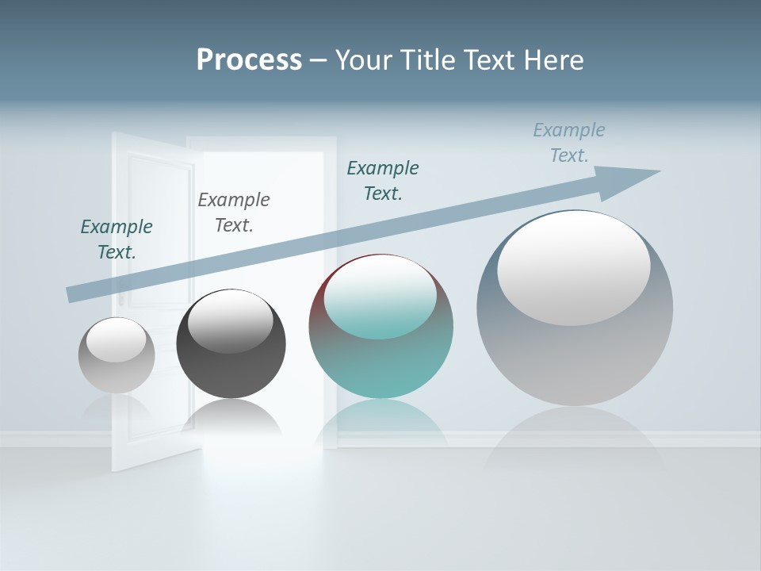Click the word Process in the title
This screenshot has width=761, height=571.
pos(249,59)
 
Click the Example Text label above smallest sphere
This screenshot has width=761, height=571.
pos(117,239)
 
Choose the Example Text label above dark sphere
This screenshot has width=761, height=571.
pos(234,212)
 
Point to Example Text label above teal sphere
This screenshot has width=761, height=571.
pos(383,180)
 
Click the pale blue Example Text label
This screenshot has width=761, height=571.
pos(569,142)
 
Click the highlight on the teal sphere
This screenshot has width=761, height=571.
pos(380,297)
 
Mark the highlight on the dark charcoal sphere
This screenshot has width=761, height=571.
pos(230,320)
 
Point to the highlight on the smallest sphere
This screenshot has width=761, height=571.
pos(116,340)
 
